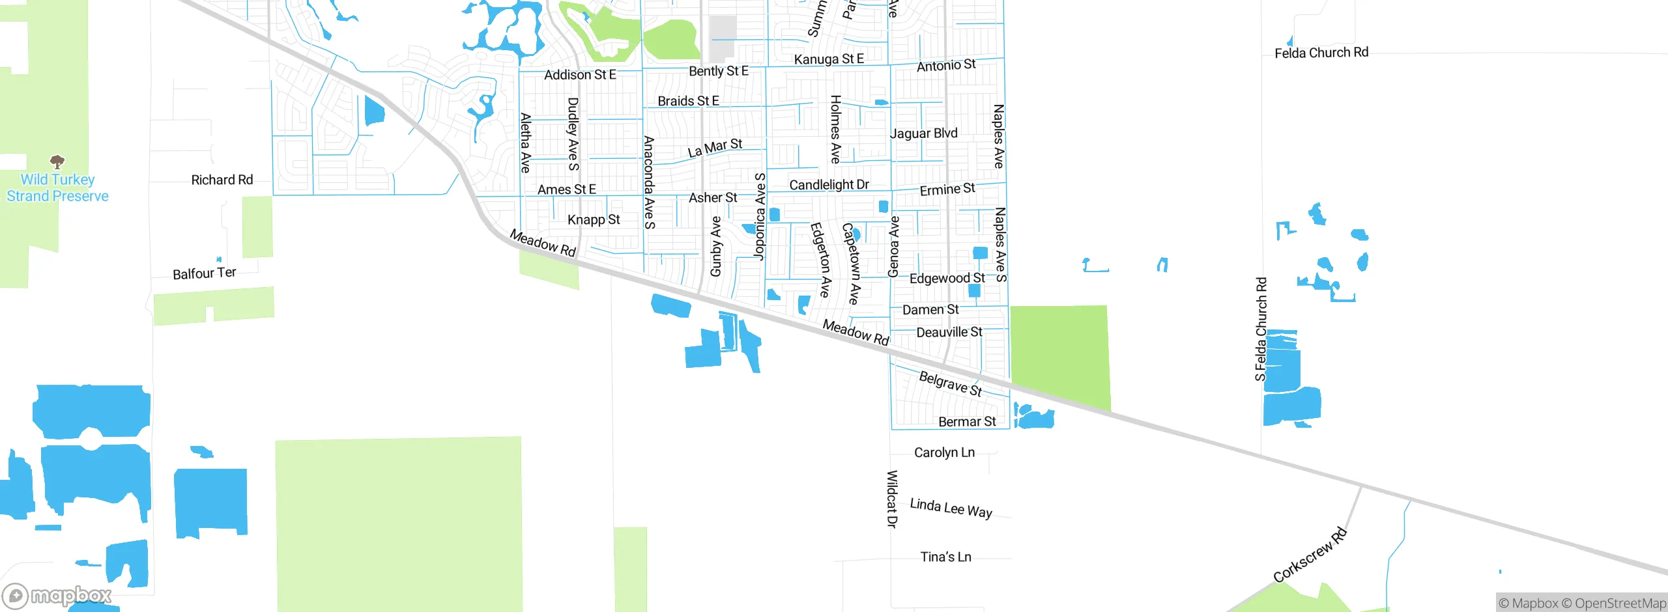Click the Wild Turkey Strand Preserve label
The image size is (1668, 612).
57,188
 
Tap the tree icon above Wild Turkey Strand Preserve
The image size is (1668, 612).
57,161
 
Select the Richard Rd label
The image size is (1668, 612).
222,180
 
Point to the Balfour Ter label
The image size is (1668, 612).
204,273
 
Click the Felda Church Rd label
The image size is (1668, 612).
1321,53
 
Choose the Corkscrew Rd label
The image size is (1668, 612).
1310,555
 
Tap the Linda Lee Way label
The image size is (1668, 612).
951,508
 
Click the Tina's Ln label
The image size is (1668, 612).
945,557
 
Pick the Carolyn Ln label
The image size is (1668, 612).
944,452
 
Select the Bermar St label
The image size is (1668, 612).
967,422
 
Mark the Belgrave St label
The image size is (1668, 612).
950,383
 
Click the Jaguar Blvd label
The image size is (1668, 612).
923,133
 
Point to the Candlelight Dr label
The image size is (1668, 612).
829,185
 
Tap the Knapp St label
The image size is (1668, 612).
594,220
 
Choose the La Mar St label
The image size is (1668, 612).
715,148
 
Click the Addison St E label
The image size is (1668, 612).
580,75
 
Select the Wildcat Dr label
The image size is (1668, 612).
892,499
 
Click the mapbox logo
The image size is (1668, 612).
57,596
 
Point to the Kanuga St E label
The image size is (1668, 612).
829,59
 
